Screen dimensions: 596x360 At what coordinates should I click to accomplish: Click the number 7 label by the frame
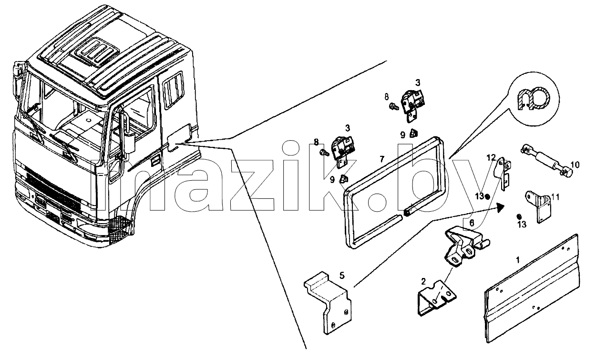(x=382, y=159)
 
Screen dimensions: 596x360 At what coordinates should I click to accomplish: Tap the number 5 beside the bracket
(x=342, y=276)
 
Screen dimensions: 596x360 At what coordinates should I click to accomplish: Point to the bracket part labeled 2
(x=436, y=298)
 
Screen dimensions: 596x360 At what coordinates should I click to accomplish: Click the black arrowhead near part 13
(x=500, y=207)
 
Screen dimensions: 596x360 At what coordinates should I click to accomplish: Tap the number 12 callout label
(x=491, y=158)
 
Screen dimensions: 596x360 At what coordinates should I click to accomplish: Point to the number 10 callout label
(x=575, y=165)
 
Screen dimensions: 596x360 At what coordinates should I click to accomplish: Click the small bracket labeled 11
(x=538, y=206)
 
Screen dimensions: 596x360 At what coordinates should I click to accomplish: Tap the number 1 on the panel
(x=518, y=260)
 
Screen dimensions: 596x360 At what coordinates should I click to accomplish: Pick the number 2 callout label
(x=423, y=281)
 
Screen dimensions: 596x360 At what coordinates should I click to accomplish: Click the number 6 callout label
(x=472, y=223)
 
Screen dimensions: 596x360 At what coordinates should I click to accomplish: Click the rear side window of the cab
(x=173, y=90)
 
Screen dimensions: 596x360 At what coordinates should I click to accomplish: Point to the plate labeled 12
(x=503, y=173)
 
